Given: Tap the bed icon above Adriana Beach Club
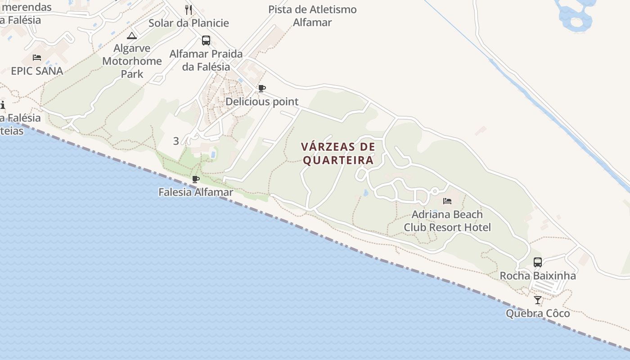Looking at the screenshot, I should [x=447, y=201].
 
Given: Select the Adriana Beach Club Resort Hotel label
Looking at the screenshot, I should [x=447, y=221].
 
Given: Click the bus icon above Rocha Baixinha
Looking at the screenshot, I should [x=538, y=262].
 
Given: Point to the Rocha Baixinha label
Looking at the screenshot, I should [x=538, y=275].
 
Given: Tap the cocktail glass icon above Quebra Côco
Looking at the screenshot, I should [x=538, y=300].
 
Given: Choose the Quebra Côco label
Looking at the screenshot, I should [x=538, y=313].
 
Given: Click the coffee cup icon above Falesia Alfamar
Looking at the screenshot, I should [x=196, y=179].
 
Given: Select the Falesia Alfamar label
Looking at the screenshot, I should [x=196, y=192].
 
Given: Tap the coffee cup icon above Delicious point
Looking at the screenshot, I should [x=261, y=88].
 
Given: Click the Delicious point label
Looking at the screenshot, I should [x=261, y=102].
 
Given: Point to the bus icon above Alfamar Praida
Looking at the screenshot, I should [x=206, y=40].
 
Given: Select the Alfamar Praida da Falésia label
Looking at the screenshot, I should [x=206, y=60].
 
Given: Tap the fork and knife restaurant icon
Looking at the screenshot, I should [x=189, y=9].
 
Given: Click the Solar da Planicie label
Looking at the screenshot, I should [x=189, y=23].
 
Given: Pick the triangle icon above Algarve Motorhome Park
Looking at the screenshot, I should [x=132, y=36].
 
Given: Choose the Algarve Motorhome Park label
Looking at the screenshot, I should [x=132, y=61].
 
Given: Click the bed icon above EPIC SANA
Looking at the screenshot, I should [x=37, y=58].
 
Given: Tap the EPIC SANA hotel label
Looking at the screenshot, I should [x=37, y=71].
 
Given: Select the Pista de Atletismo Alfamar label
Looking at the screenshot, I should [x=312, y=16].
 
